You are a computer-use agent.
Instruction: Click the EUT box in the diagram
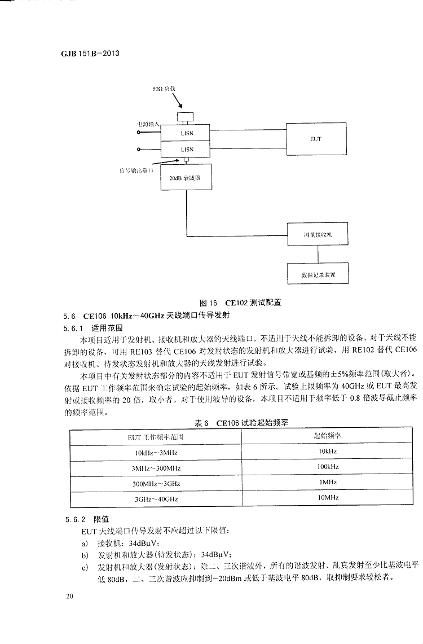click(x=315, y=138)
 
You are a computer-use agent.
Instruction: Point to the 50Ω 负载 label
click(x=165, y=90)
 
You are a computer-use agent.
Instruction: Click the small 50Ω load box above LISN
click(x=184, y=116)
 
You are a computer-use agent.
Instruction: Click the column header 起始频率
click(x=327, y=436)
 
